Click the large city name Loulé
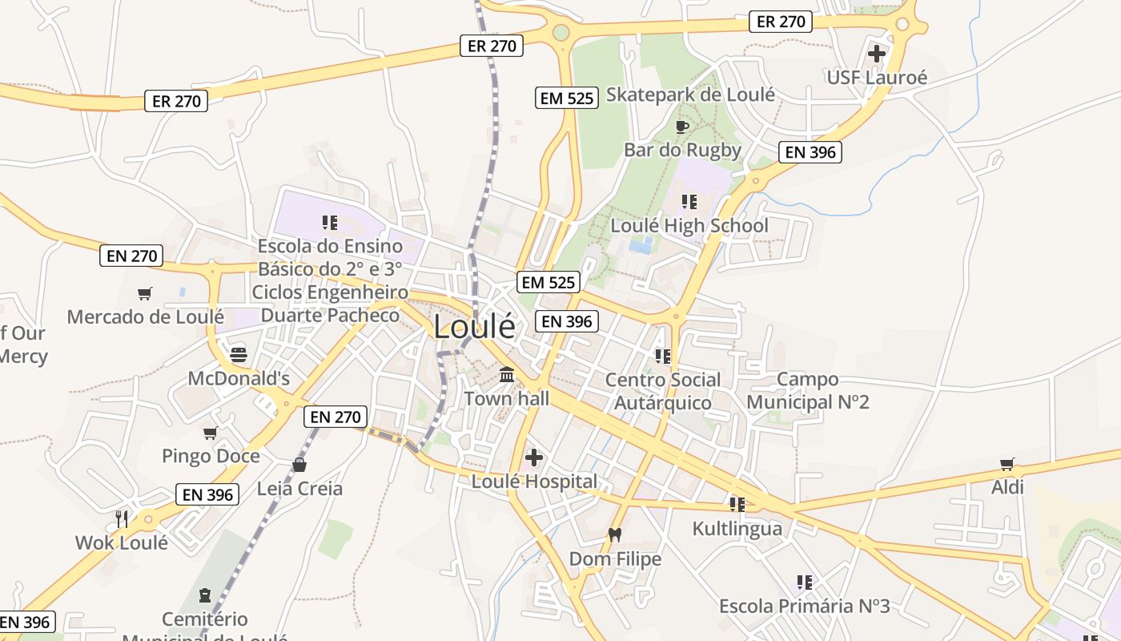[475, 327]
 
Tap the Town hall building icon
[507, 374]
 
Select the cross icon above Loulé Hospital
[533, 458]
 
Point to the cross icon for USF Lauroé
[877, 54]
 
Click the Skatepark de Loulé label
[690, 95]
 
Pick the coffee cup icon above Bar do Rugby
[682, 127]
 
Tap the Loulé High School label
[689, 226]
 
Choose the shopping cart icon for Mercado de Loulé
[145, 293]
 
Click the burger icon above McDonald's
[239, 354]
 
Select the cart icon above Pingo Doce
[211, 433]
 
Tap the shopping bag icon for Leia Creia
[299, 465]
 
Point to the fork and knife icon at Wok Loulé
[122, 518]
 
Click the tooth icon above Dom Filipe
[615, 534]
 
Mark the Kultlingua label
[737, 529]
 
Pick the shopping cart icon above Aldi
[1007, 464]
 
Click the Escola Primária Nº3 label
[804, 606]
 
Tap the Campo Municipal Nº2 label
[808, 390]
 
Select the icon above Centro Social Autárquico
[662, 355]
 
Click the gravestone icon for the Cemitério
[205, 595]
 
